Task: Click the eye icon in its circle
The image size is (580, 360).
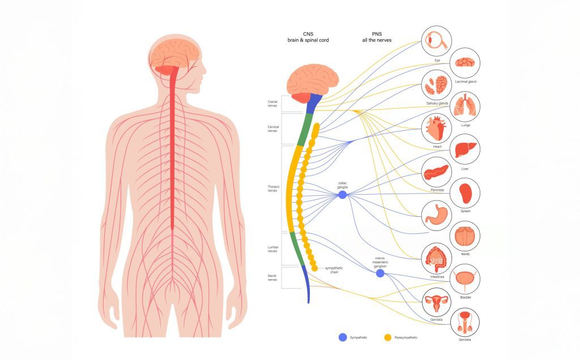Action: [x=437, y=40]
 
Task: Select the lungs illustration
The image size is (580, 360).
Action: [x=466, y=106]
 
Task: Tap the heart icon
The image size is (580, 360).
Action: [x=437, y=128]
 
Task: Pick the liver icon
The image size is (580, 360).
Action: [x=465, y=149]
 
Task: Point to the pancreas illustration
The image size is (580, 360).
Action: [x=437, y=171]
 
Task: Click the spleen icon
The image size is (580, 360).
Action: [x=465, y=193]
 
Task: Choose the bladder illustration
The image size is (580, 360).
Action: [x=466, y=278]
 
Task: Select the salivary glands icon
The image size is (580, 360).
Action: [x=437, y=85]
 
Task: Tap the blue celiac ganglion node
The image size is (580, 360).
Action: [x=343, y=195]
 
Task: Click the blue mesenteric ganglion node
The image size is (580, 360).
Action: [x=380, y=273]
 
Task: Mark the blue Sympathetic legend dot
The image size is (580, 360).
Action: [x=342, y=337]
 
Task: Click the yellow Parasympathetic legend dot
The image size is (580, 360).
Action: [x=388, y=337]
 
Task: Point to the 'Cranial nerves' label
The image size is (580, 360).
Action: [x=272, y=104]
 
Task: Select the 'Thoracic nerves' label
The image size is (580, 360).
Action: [x=273, y=188]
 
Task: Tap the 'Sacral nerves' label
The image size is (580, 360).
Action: [x=272, y=277]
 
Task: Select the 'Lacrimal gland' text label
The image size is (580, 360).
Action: [x=466, y=82]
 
